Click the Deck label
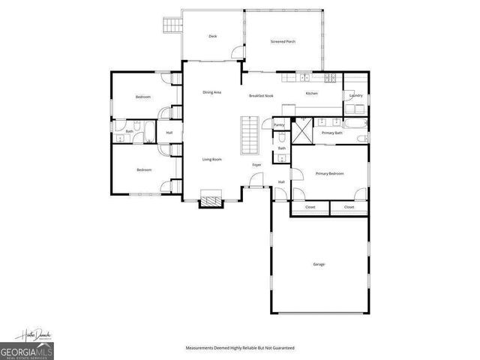tap(212, 37)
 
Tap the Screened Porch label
tap(283, 41)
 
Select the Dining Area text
tap(211, 92)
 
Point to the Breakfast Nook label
tap(261, 96)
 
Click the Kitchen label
tap(311, 93)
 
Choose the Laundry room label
tap(355, 95)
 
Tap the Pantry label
tap(279, 124)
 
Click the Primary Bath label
tap(331, 133)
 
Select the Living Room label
tap(211, 159)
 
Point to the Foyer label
tap(256, 163)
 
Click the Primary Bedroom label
tap(329, 173)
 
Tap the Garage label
tap(319, 264)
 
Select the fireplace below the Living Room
tap(211, 200)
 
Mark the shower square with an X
tap(301, 133)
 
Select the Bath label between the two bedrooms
tap(129, 132)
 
